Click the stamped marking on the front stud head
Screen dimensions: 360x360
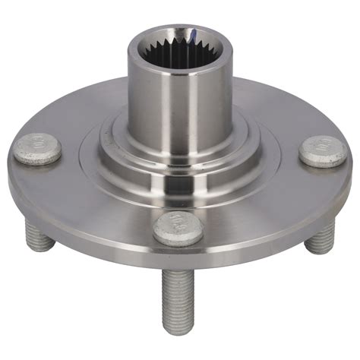coord(179,223)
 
